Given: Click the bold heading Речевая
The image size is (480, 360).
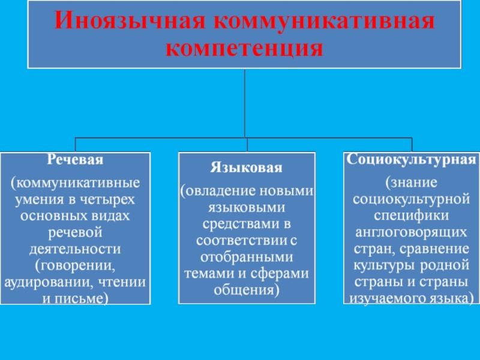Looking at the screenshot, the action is coord(75,160).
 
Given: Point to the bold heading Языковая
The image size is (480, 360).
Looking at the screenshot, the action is coord(246,166).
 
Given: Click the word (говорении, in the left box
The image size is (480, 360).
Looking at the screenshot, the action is coord(75,264).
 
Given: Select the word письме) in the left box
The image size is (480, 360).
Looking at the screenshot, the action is coord(85,297).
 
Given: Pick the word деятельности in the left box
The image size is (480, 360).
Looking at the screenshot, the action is coord(75,248).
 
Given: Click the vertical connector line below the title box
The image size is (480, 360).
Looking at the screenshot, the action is coord(245,102).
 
